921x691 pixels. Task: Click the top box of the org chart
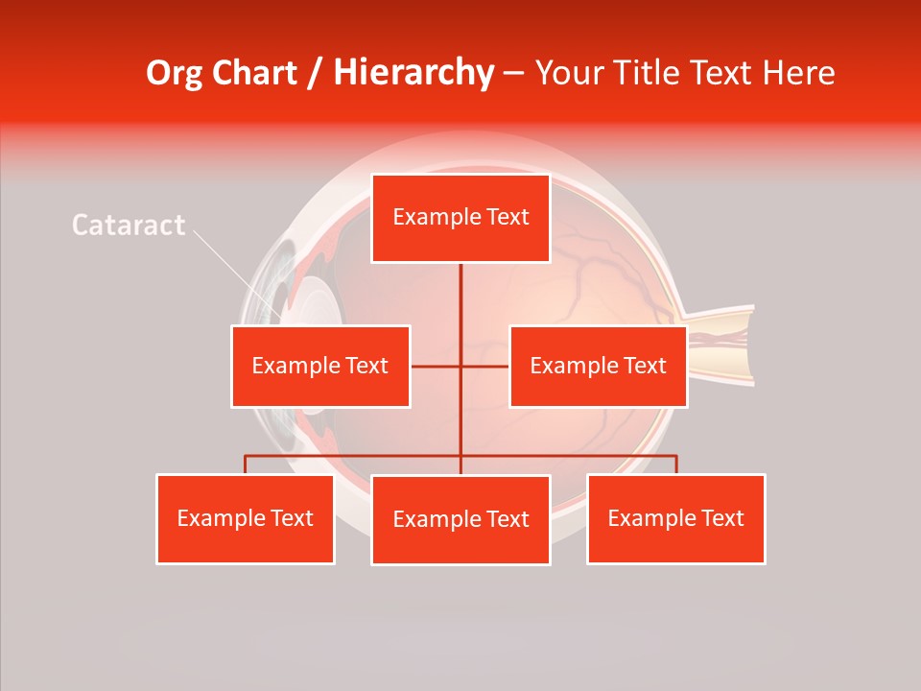pyautogui.click(x=460, y=218)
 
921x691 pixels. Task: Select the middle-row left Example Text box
pyautogui.click(x=320, y=366)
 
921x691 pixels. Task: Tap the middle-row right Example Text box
pyautogui.click(x=598, y=366)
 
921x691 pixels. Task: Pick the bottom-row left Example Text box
pyautogui.click(x=246, y=518)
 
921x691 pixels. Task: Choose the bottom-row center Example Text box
pyautogui.click(x=460, y=519)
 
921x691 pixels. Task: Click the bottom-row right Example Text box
pyautogui.click(x=675, y=518)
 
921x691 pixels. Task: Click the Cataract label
pyautogui.click(x=129, y=226)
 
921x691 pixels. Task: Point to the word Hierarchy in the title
pyautogui.click(x=413, y=73)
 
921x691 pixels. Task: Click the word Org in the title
pyautogui.click(x=173, y=73)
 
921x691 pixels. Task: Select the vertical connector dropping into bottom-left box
pyautogui.click(x=246, y=465)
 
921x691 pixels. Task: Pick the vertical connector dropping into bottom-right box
pyautogui.click(x=676, y=465)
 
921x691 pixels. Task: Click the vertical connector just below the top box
pyautogui.click(x=460, y=288)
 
